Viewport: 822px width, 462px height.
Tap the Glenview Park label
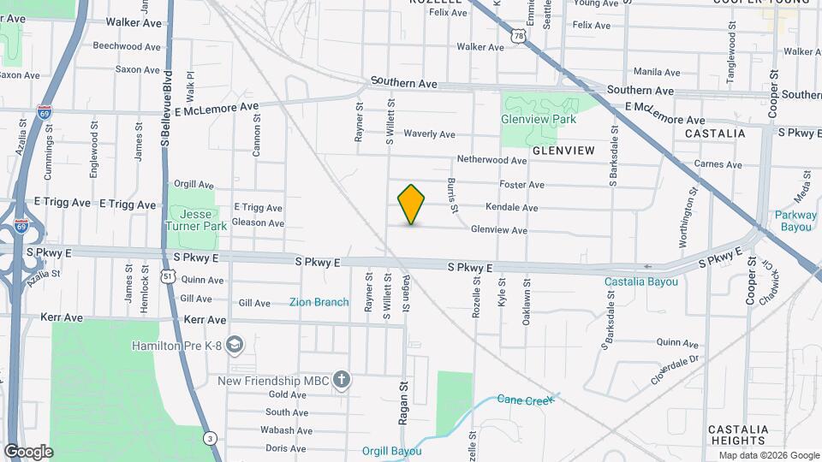click(x=539, y=119)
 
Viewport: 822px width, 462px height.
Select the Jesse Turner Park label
click(x=198, y=219)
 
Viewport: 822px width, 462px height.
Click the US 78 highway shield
click(x=518, y=34)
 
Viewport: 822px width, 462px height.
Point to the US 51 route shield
click(x=169, y=277)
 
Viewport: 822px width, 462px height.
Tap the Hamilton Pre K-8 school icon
click(x=236, y=345)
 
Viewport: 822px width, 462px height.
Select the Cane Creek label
click(x=521, y=400)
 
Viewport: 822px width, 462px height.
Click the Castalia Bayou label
click(x=641, y=281)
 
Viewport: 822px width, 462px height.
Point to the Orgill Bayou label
click(x=391, y=451)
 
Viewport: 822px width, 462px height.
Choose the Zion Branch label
click(x=319, y=302)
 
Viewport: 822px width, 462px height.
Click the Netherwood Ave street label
click(x=491, y=160)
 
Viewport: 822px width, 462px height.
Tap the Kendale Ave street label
click(x=511, y=208)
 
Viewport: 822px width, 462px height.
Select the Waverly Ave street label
click(x=429, y=134)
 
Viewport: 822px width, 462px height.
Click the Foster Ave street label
click(x=522, y=185)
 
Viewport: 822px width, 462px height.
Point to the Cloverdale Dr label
click(x=676, y=370)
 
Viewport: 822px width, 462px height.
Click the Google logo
click(x=28, y=451)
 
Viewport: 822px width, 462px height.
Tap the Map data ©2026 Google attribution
click(x=768, y=455)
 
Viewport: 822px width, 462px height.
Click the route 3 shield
click(x=211, y=438)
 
